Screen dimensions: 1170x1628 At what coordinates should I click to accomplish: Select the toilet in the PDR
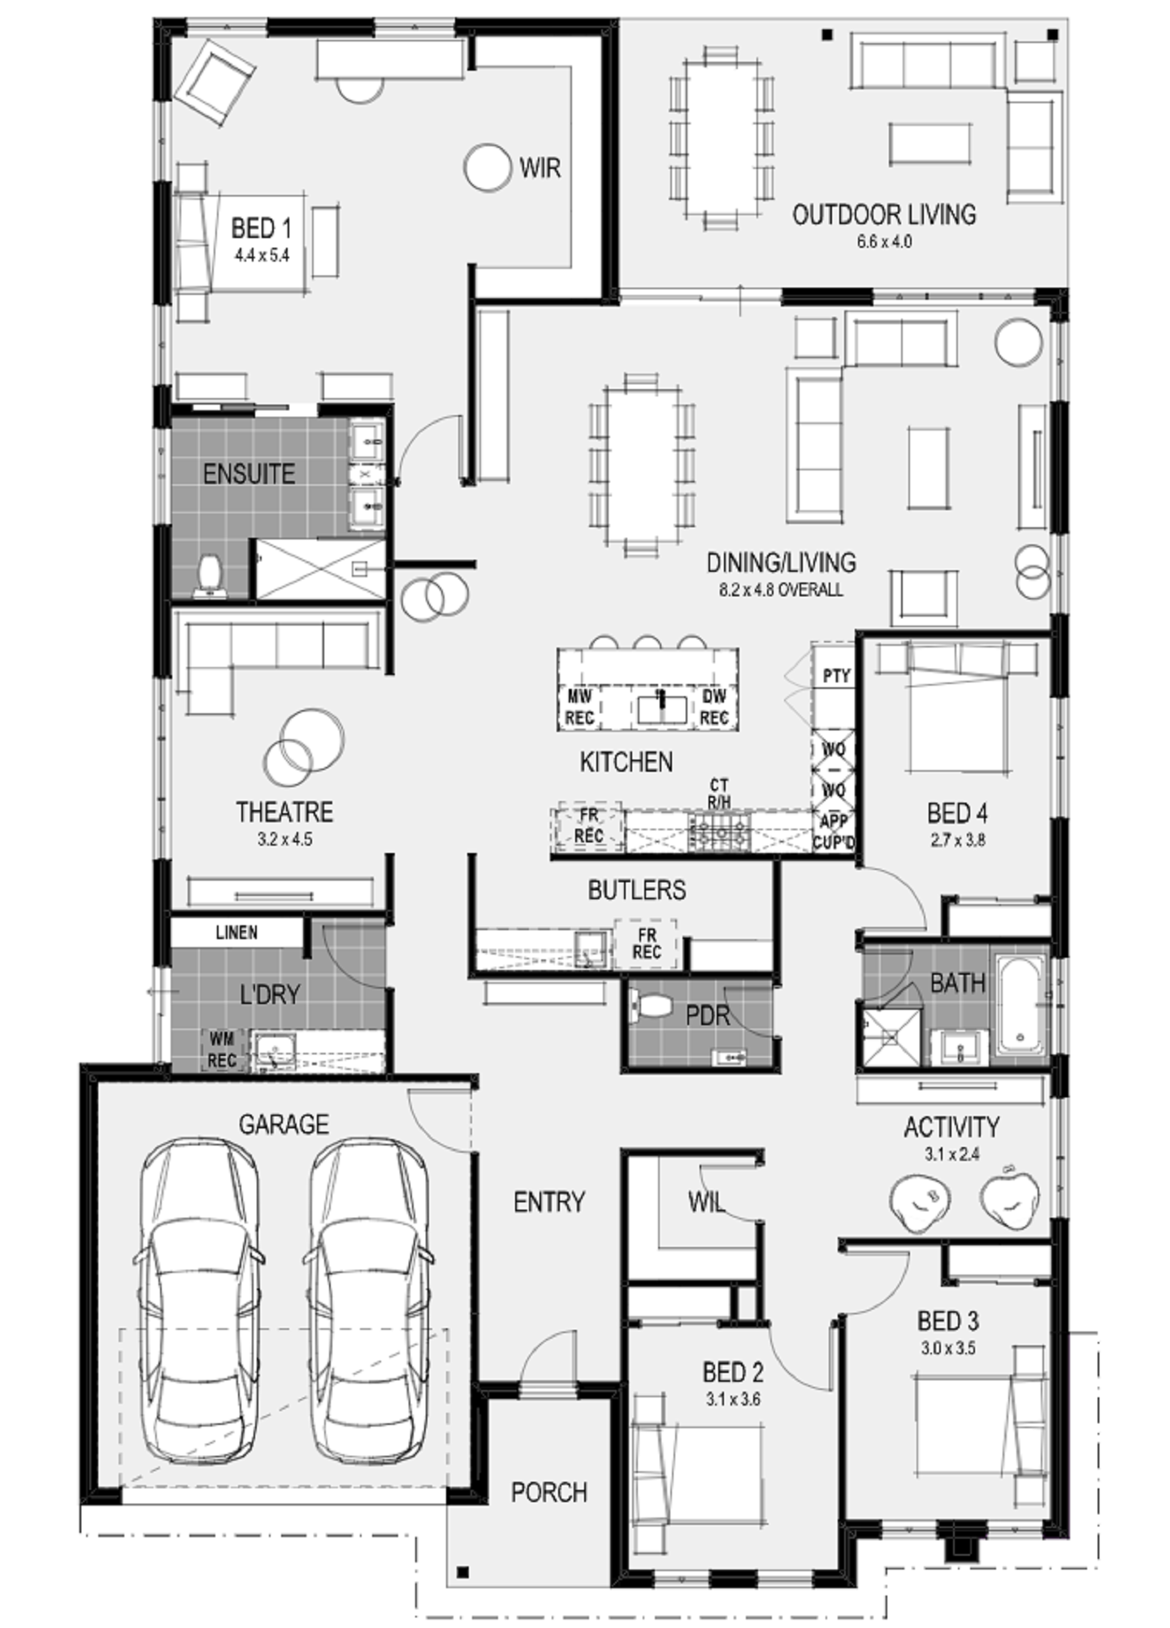652,1006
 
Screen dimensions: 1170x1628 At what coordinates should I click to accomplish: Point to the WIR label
540,168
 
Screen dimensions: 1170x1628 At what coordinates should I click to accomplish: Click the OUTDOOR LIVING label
884,215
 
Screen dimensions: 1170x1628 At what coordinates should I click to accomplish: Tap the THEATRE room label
284,812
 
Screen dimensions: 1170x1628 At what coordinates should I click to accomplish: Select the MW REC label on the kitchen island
580,707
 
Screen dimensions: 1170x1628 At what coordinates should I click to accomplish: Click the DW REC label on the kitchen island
714,707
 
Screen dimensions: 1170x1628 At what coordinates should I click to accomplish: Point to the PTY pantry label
836,675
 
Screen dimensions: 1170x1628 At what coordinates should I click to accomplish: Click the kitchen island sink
662,708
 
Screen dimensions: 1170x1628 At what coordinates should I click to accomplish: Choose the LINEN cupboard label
236,933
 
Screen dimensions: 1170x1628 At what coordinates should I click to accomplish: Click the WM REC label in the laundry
222,1050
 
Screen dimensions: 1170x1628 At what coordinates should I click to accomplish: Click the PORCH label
549,1492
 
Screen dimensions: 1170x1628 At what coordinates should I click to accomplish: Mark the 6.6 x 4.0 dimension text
884,242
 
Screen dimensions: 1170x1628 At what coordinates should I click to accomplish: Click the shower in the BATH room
891,1037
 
